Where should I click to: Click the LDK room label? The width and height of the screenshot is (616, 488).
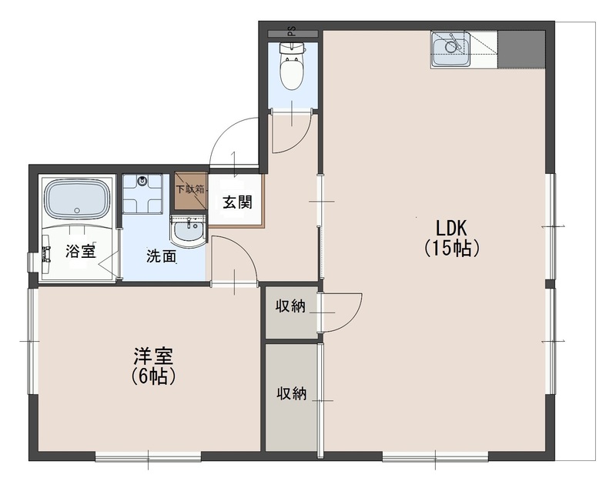(452, 229)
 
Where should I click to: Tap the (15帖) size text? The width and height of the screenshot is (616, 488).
(452, 248)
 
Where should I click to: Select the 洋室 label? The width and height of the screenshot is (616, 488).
(153, 356)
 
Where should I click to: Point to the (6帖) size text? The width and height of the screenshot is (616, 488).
(153, 376)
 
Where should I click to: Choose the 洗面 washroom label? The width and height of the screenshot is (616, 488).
(162, 256)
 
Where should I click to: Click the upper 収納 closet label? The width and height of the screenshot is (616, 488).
(291, 306)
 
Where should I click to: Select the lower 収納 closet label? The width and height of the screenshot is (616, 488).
(292, 393)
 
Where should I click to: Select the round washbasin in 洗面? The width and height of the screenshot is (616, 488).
(187, 230)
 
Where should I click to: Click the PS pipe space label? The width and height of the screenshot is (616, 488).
(291, 34)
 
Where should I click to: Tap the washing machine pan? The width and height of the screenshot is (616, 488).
(142, 194)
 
